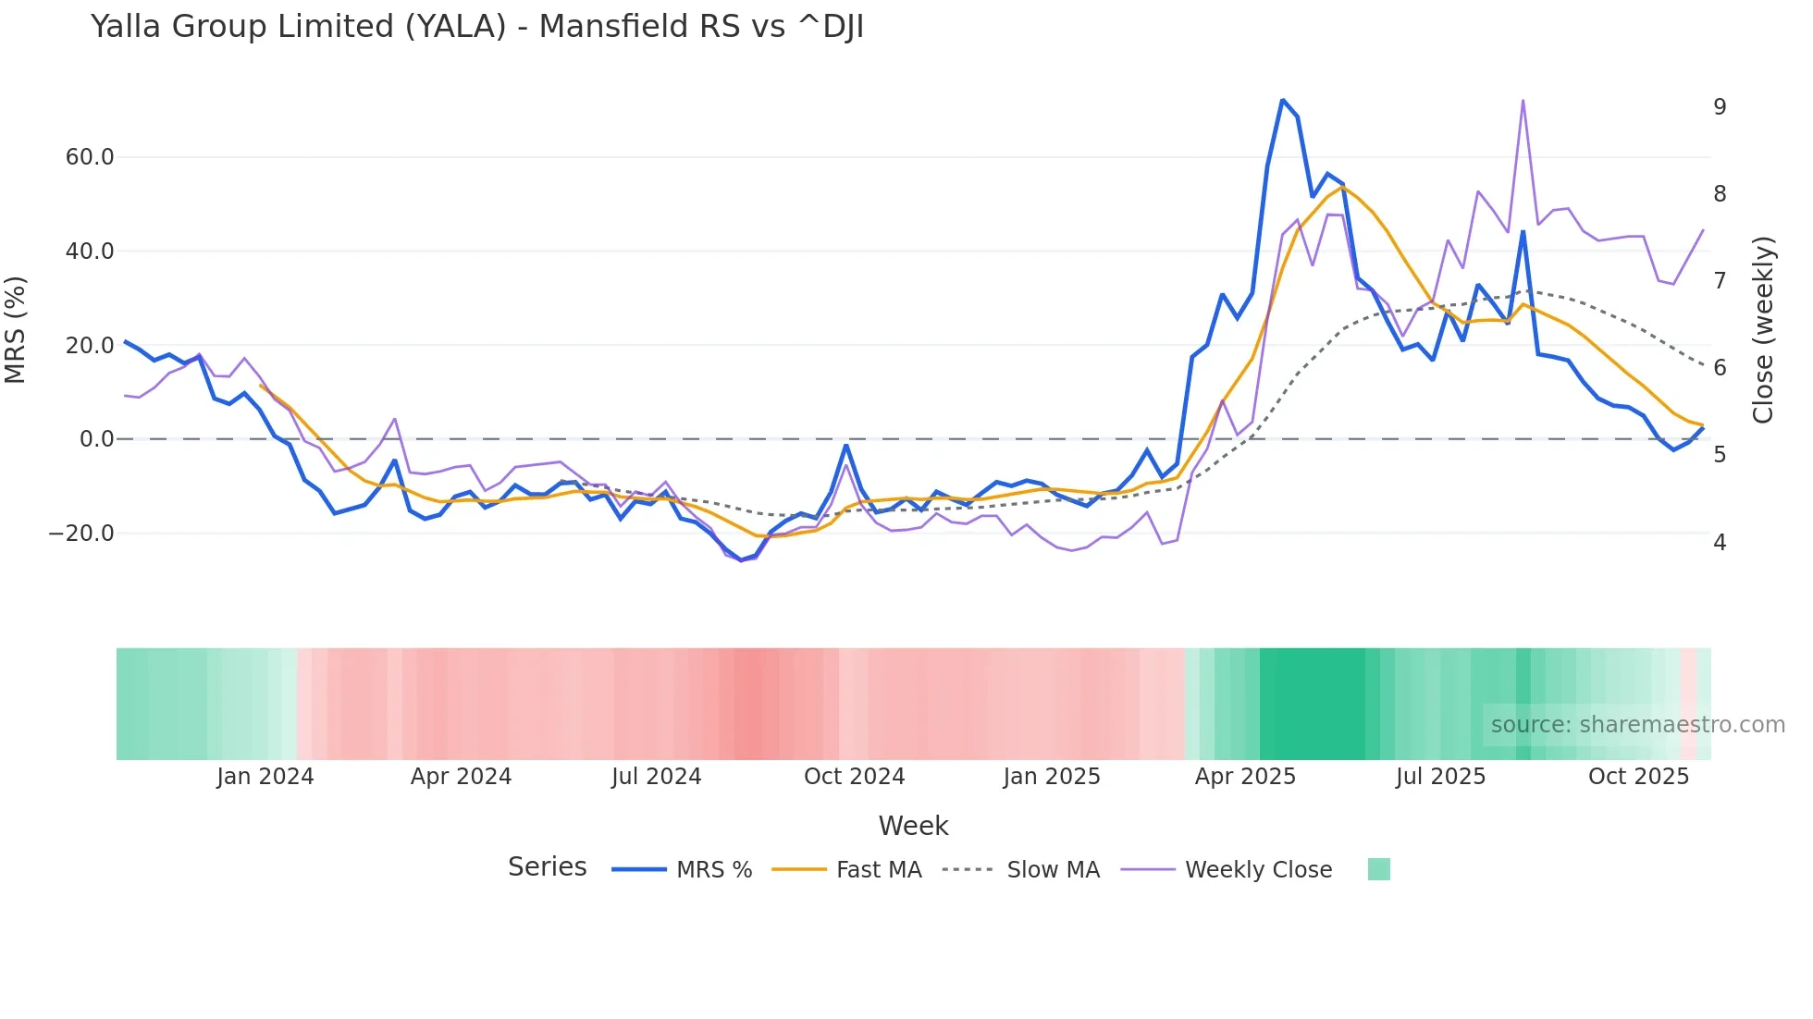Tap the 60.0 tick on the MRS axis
click(90, 157)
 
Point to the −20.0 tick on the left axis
click(81, 534)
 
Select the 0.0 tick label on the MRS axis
click(97, 439)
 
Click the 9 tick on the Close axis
click(1720, 107)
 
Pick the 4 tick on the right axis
click(1720, 543)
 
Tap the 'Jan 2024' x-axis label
click(265, 777)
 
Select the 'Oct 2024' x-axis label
click(854, 777)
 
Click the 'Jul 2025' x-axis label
click(1440, 777)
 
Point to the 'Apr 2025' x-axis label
click(1245, 777)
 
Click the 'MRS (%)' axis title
click(16, 329)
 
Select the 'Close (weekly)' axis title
click(1763, 330)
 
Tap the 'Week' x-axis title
click(913, 826)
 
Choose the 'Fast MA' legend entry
click(879, 870)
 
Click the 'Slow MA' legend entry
click(1053, 870)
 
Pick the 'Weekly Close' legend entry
click(1258, 870)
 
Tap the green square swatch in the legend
click(1378, 869)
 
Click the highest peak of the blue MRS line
click(1282, 100)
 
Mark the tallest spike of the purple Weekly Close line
click(1523, 101)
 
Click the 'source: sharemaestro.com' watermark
click(1637, 725)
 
